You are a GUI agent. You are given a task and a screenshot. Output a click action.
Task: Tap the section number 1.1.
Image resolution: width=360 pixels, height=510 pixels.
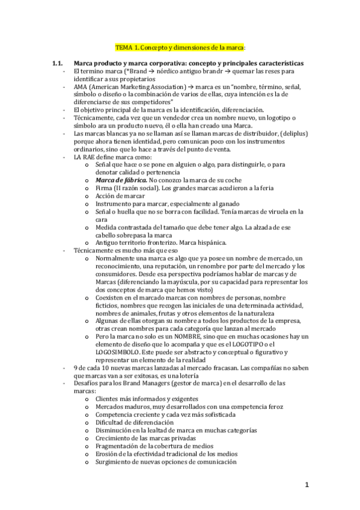point(58,63)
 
